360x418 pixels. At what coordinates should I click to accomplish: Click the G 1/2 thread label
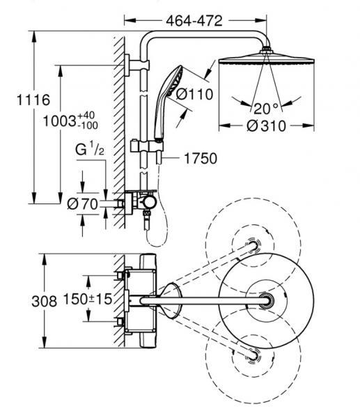coord(90,148)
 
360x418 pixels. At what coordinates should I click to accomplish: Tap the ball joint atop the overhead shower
coord(266,49)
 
